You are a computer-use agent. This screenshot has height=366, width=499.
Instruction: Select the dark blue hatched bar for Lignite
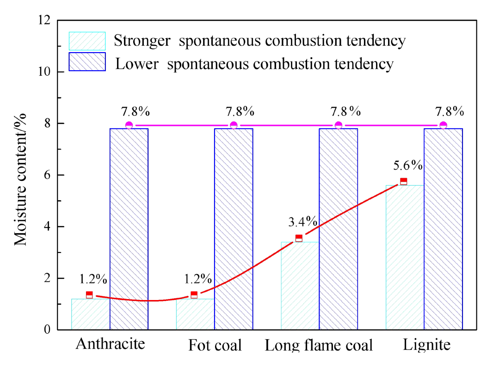tap(443, 229)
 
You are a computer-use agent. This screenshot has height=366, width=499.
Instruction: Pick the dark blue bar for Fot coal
tap(234, 229)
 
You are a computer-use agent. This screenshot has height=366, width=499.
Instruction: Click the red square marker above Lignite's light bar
tap(403, 181)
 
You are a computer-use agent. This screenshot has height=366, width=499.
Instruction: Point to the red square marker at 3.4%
tap(299, 238)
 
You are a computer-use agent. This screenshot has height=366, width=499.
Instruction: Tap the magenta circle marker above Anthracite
tap(129, 125)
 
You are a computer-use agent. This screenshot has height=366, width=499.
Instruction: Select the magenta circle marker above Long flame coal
tap(339, 125)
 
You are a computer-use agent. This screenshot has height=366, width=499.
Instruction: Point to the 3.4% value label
tap(302, 222)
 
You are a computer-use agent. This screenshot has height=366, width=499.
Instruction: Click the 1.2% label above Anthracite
tap(93, 279)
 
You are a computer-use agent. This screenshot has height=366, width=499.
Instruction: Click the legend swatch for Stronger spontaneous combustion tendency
tap(87, 41)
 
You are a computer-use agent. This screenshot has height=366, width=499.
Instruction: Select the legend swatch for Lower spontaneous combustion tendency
tap(87, 62)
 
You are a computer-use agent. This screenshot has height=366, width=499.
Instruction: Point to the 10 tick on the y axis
tap(47, 72)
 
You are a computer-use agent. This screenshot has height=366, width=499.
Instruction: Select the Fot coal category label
tap(215, 345)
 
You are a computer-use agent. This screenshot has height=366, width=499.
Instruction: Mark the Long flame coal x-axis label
tap(319, 345)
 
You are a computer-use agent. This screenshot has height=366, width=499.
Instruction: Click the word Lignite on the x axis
tap(426, 345)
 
